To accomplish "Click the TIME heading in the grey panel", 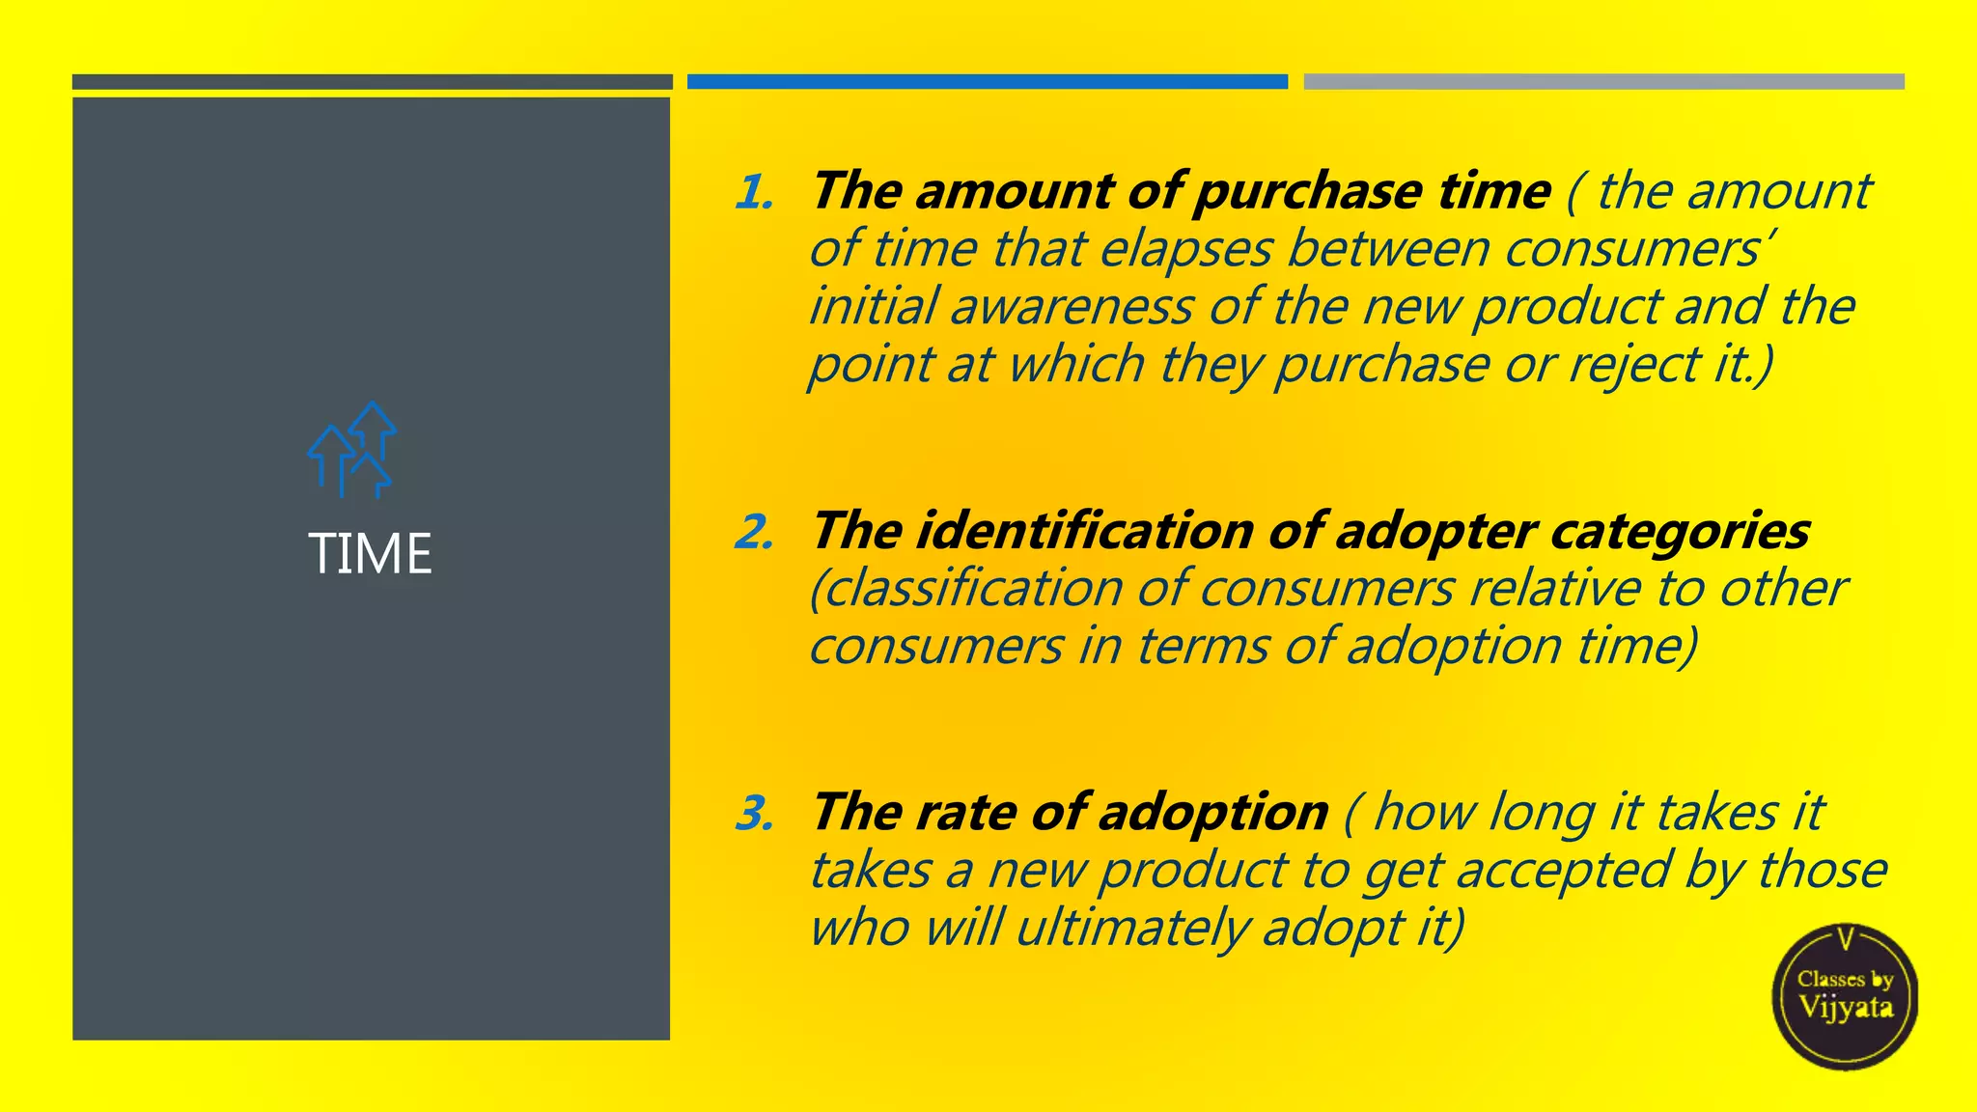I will click(x=371, y=554).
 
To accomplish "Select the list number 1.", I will click(x=754, y=192).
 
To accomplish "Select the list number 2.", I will click(x=754, y=532).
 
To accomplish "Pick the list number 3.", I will click(x=754, y=813).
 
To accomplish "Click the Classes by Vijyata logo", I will click(x=1845, y=996).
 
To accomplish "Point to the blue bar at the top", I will click(x=987, y=82).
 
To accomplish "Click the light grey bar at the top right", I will click(x=1603, y=82).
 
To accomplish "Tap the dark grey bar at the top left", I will click(x=372, y=82).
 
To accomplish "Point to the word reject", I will click(x=1634, y=365).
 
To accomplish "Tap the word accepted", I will click(x=1563, y=871).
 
